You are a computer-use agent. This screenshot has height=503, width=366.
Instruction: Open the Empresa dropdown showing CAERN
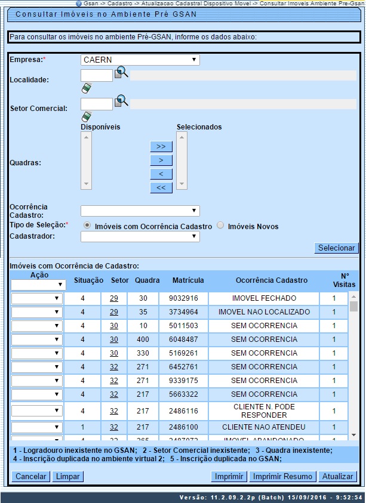pyautogui.click(x=140, y=60)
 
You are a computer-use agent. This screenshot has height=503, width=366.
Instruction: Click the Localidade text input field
pyautogui.click(x=96, y=75)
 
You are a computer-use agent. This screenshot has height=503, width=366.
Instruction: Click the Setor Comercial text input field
pyautogui.click(x=96, y=104)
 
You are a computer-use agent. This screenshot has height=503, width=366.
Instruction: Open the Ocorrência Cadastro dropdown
pyautogui.click(x=140, y=211)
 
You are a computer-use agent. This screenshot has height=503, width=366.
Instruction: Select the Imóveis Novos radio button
pyautogui.click(x=220, y=226)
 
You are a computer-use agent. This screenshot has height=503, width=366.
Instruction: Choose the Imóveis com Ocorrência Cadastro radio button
pyautogui.click(x=87, y=226)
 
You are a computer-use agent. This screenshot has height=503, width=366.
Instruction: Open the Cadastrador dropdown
pyautogui.click(x=140, y=237)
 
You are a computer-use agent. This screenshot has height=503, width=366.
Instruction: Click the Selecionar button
pyautogui.click(x=336, y=248)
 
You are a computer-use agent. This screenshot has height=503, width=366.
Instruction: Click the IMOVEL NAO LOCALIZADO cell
pyautogui.click(x=264, y=311)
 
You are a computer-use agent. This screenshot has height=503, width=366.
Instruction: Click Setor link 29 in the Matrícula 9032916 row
pyautogui.click(x=113, y=297)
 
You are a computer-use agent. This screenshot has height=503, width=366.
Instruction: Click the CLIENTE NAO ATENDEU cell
pyautogui.click(x=264, y=427)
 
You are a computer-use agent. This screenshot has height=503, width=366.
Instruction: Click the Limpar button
pyautogui.click(x=67, y=476)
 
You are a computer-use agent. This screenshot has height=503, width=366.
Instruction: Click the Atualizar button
pyautogui.click(x=338, y=476)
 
